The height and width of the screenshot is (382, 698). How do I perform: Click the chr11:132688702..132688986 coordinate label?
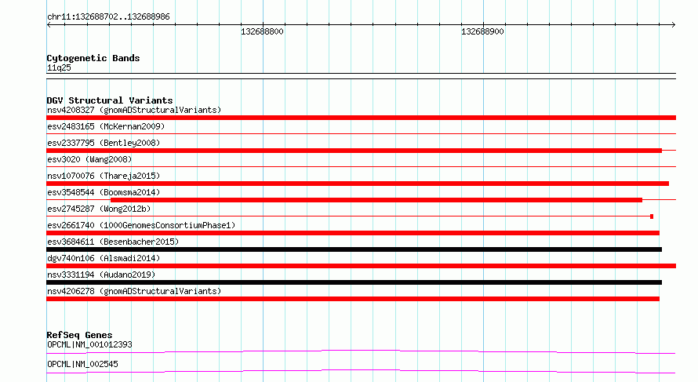pos(108,17)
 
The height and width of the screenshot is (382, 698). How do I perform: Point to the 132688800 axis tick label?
pos(262,31)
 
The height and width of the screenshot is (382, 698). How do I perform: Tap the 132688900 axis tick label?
pos(482,31)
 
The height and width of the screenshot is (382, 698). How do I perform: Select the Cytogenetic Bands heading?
pos(93,58)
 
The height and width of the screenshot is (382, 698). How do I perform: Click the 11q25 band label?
pos(59,67)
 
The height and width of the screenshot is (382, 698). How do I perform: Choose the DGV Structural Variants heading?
pos(110,100)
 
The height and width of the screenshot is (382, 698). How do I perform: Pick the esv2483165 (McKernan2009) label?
pos(106,126)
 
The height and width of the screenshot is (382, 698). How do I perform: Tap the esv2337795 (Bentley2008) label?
pos(104,143)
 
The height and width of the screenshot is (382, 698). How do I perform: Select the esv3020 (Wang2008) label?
pos(89,159)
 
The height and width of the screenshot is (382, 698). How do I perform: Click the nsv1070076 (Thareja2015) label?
pos(104,176)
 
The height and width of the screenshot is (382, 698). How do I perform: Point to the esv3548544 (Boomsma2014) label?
pos(104,192)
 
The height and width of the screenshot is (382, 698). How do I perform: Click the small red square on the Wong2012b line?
pos(652,216)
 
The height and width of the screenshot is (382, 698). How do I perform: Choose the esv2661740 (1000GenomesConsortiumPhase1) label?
pos(141,225)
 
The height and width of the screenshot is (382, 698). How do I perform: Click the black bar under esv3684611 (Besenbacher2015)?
pos(354,249)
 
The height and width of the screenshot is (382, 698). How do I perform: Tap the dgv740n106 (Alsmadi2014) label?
pos(104,258)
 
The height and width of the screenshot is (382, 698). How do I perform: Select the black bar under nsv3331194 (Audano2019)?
pos(354,282)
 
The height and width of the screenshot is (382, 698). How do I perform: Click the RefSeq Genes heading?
pos(79,335)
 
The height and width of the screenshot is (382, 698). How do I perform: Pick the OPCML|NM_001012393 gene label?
pos(89,344)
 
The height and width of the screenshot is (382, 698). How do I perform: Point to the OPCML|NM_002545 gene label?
pos(82,364)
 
